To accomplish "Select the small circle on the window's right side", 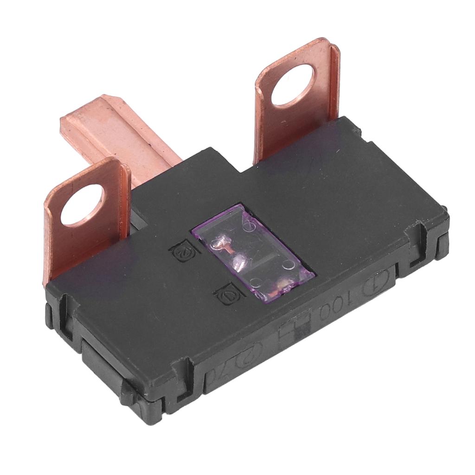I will [289, 264].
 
